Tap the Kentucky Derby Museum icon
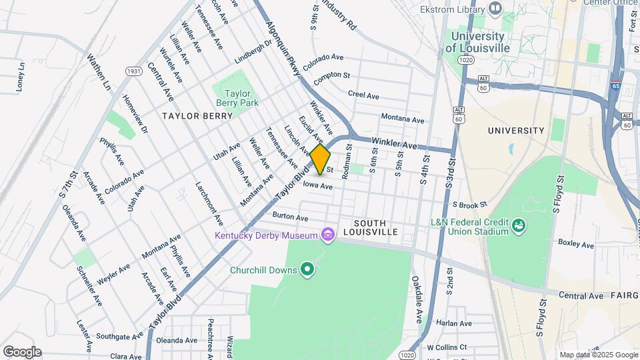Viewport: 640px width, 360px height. (x=327, y=235)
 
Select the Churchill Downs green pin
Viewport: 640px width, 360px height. (x=307, y=269)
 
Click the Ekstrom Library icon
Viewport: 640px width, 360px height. (x=495, y=9)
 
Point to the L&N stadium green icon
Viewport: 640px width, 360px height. (x=519, y=226)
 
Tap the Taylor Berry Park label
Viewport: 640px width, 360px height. (x=233, y=98)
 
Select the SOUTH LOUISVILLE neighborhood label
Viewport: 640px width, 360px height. (x=376, y=227)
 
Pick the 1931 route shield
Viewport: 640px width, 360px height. (x=133, y=71)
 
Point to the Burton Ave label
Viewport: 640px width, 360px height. (x=290, y=217)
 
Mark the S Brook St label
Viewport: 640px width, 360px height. (x=470, y=205)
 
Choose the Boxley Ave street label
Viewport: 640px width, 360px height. (x=576, y=245)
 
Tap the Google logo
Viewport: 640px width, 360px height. (x=22, y=352)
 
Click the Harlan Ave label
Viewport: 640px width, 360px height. (x=455, y=323)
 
